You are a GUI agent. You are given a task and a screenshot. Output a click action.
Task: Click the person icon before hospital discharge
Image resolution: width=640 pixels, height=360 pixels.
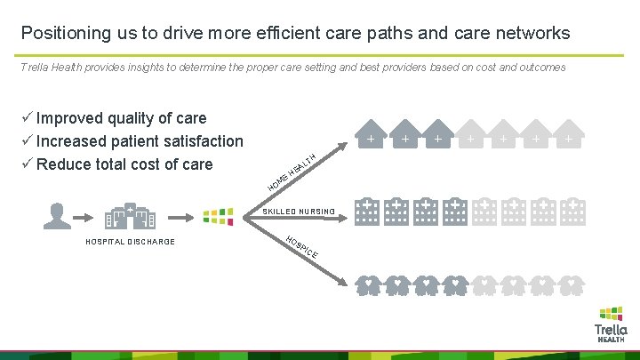(x=59, y=215)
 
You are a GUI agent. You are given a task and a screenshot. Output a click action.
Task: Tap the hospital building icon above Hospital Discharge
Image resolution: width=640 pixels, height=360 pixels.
(x=130, y=218)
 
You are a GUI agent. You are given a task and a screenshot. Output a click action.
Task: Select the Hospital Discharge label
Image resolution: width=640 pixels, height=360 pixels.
(x=130, y=242)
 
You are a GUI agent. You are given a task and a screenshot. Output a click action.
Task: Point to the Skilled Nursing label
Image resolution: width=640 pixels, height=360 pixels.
(x=299, y=212)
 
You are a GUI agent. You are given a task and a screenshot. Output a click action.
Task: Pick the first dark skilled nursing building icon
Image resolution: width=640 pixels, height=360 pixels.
(x=370, y=209)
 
